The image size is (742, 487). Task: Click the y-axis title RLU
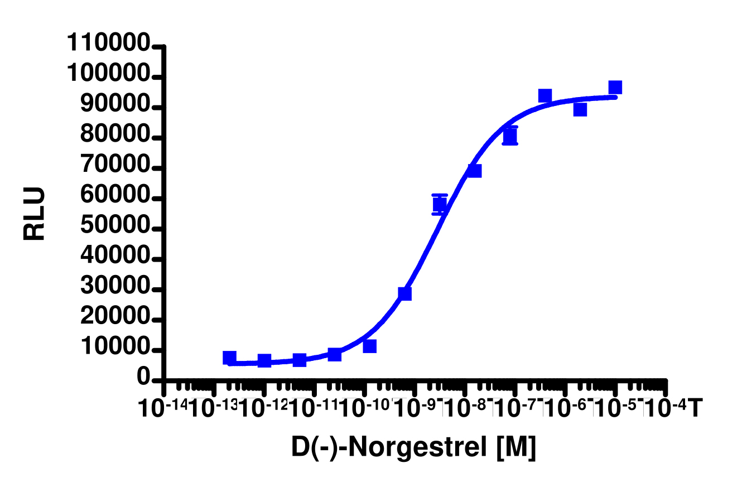(x=34, y=214)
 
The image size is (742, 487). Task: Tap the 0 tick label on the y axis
(x=144, y=380)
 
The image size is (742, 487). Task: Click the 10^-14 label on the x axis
(x=163, y=409)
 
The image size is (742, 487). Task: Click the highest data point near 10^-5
(x=615, y=88)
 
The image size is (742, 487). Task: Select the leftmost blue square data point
(x=229, y=358)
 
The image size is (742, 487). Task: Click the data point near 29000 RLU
(x=404, y=293)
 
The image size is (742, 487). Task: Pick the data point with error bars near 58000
(x=440, y=204)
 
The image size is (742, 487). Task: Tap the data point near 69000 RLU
(x=475, y=171)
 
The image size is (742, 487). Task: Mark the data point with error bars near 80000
(x=510, y=136)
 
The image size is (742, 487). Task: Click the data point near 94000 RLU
(x=545, y=96)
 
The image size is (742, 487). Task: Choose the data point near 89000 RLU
(x=580, y=109)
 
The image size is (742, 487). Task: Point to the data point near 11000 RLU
(x=369, y=346)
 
